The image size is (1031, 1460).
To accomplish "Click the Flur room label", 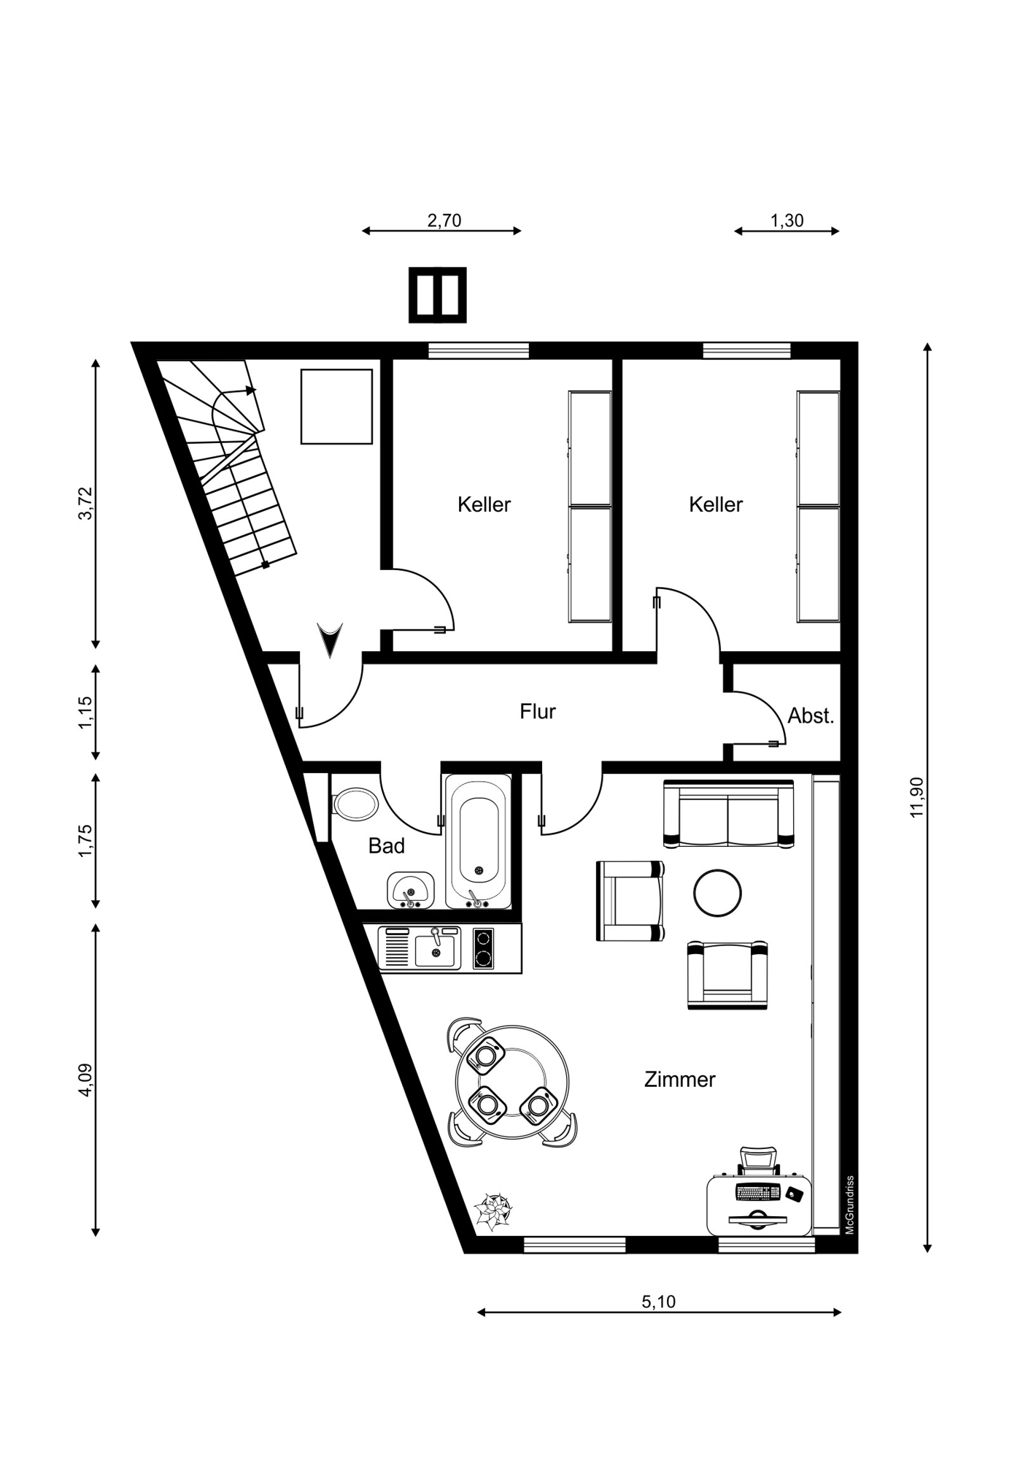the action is (538, 711).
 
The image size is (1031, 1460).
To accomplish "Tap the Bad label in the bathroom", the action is (386, 846).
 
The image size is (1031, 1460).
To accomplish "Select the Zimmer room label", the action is (679, 1079).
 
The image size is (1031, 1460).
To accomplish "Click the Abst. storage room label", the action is (811, 716).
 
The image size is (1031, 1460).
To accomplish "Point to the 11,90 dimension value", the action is (917, 797).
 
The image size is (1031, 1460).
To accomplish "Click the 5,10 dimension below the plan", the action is (659, 1301).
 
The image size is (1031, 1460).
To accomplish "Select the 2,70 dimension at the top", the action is (444, 220).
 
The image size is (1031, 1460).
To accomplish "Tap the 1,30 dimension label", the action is (787, 220).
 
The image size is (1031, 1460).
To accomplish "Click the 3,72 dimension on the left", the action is (86, 503).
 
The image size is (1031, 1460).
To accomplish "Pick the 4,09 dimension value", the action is (86, 1080).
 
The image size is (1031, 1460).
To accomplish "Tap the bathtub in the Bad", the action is (478, 842).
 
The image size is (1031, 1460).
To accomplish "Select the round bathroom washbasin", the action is (410, 891).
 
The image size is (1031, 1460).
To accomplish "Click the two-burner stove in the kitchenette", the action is (483, 948).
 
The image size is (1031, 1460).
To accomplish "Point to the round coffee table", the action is (717, 893).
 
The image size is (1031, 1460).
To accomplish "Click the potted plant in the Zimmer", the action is (493, 1212).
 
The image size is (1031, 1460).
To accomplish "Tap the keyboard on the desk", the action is (758, 1192).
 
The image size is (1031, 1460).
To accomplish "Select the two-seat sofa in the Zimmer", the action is (728, 813).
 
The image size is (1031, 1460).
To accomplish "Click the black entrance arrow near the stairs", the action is (330, 640).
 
